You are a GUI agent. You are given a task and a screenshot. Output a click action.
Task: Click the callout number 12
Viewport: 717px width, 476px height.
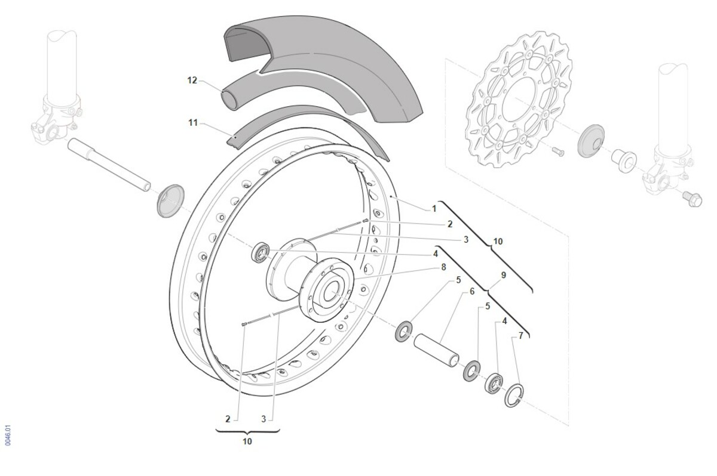[x=192, y=80]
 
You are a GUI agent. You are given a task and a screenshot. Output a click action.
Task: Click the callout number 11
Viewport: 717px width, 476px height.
[x=193, y=123]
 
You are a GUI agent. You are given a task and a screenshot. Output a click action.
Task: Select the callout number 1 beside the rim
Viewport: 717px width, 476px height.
[x=434, y=209]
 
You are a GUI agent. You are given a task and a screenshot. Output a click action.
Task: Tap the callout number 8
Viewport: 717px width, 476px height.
[x=443, y=267]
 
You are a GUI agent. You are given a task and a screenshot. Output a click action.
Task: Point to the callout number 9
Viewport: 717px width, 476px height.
[x=504, y=275]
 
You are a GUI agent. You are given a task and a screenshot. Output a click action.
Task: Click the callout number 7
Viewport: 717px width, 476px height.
[x=521, y=336]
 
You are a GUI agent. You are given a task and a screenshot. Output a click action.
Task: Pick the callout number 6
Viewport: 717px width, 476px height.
[x=472, y=292]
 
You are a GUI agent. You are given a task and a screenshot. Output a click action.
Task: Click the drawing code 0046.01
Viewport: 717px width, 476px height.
[x=8, y=435]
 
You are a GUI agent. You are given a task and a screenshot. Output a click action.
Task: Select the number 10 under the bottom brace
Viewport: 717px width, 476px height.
[x=247, y=441]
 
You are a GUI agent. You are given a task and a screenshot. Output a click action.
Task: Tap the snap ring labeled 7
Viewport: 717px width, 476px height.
[x=514, y=395]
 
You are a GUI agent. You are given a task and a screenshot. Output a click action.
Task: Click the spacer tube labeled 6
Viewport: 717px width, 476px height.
[x=436, y=350]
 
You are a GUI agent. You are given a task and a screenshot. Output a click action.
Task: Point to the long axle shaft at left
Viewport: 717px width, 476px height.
[x=109, y=165]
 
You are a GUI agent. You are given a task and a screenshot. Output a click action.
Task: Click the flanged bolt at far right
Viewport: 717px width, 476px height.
[x=693, y=199]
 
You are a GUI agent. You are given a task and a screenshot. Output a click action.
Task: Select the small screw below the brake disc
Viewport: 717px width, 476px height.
[x=558, y=152]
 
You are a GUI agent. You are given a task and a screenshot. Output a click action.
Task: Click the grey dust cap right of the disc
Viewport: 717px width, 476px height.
[x=591, y=141]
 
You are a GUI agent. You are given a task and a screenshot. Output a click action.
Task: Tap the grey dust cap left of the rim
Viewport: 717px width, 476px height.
[x=171, y=201]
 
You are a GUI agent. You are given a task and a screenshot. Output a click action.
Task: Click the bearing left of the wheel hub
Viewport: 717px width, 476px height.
[x=261, y=252]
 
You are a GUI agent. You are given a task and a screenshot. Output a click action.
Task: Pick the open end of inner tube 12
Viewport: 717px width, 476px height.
[x=229, y=100]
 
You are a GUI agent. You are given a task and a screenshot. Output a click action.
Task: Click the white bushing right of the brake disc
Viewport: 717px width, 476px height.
[x=624, y=161]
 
